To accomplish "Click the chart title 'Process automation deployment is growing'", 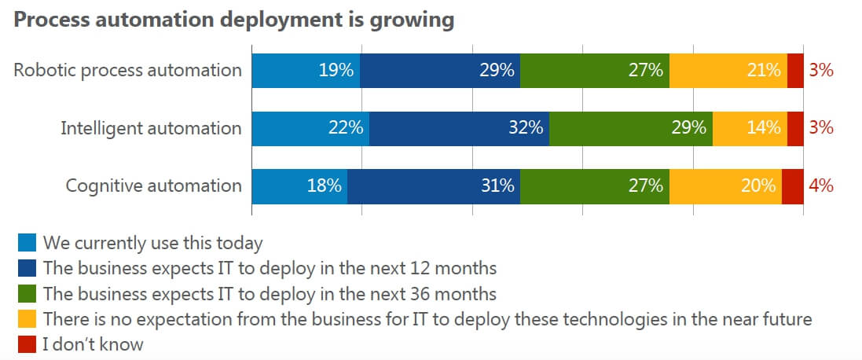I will coord(234,20).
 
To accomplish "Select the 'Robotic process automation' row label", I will coord(127,70).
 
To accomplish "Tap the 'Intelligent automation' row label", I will coord(151,128).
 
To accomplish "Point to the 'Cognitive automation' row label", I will coord(153,186).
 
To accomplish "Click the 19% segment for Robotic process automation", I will coord(306,70).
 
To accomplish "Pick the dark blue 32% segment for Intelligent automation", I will coord(459,128).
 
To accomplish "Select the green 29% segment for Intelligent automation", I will coord(630,128).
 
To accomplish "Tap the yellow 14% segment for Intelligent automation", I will coord(750,128).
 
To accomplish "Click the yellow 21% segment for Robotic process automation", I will coord(728,70).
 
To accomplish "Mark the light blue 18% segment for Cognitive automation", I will coord(299,186).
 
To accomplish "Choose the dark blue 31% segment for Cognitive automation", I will coord(433,186).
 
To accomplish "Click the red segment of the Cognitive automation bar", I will coord(792,186).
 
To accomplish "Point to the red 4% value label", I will coord(820,186).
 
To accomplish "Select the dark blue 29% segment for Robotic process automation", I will coord(440,70).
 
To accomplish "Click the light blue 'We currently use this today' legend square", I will coord(26,242).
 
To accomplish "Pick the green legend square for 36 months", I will coord(26,294).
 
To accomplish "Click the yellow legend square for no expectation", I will coord(26,319).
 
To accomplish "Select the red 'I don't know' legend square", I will coord(26,344).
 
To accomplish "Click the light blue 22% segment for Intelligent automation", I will coord(310,128).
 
